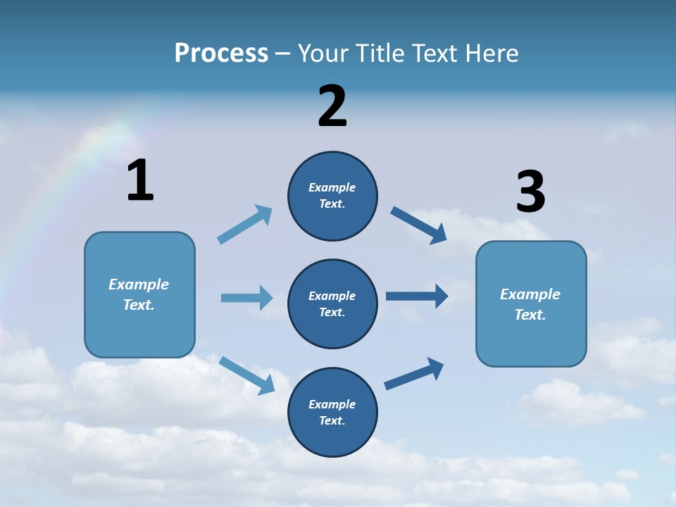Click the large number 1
[x=140, y=181]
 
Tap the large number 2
[x=332, y=106]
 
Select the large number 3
[x=530, y=192]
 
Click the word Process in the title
[x=221, y=53]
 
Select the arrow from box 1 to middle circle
[x=246, y=298]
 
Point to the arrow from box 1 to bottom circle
[x=246, y=375]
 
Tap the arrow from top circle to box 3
[x=418, y=225]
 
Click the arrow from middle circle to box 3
[x=416, y=296]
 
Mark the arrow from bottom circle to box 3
[x=414, y=374]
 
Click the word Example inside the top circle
[x=332, y=187]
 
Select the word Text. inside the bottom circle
[x=332, y=420]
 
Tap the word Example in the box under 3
[x=530, y=294]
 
